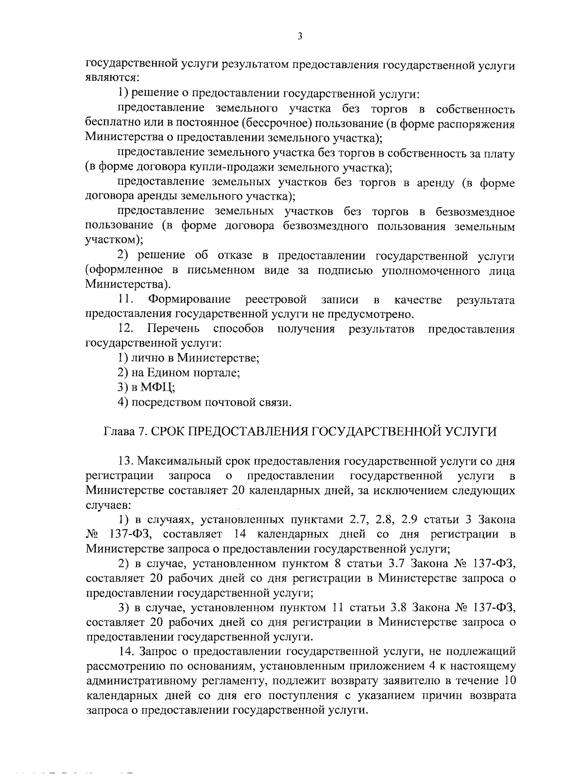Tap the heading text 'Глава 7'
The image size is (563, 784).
tap(123, 431)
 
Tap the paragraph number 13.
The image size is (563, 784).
tap(127, 461)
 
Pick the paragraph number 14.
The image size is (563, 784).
tap(128, 651)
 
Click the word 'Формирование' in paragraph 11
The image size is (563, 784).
tap(189, 300)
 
